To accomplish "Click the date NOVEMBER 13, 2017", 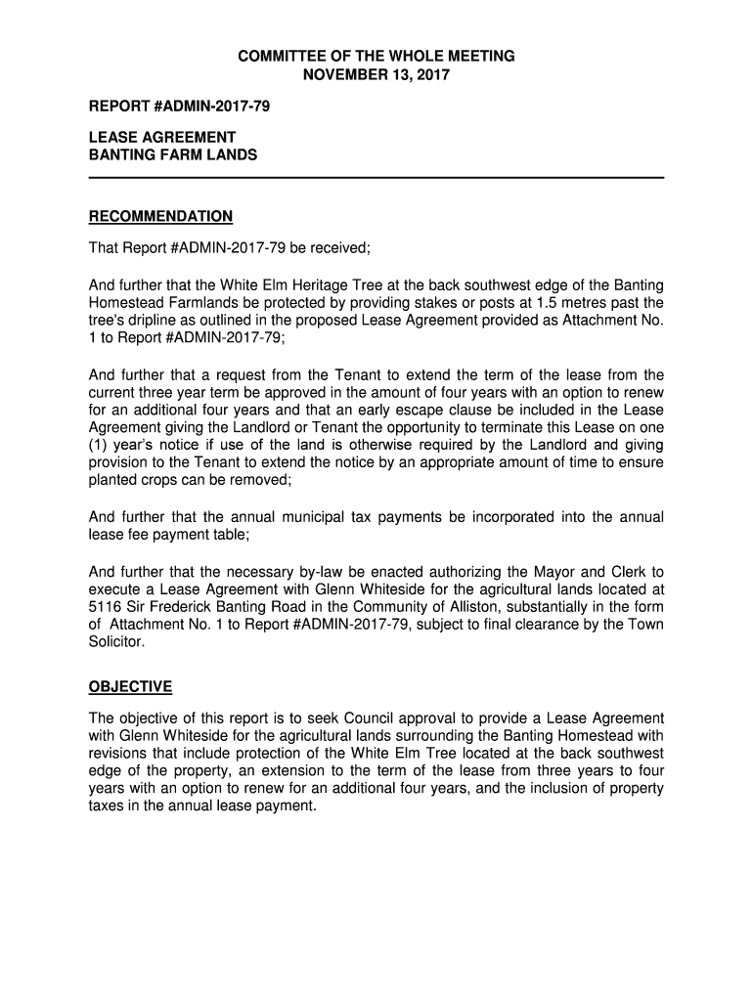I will (x=376, y=74).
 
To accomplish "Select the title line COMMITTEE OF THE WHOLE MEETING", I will (x=376, y=57).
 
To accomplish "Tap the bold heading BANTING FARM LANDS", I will (x=173, y=154).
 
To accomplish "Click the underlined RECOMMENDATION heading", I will (x=160, y=216).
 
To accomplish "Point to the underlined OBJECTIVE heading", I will (x=130, y=687).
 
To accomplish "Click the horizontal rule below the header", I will (x=376, y=177).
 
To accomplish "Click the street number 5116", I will (x=107, y=607).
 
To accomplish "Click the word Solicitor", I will (x=115, y=642).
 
